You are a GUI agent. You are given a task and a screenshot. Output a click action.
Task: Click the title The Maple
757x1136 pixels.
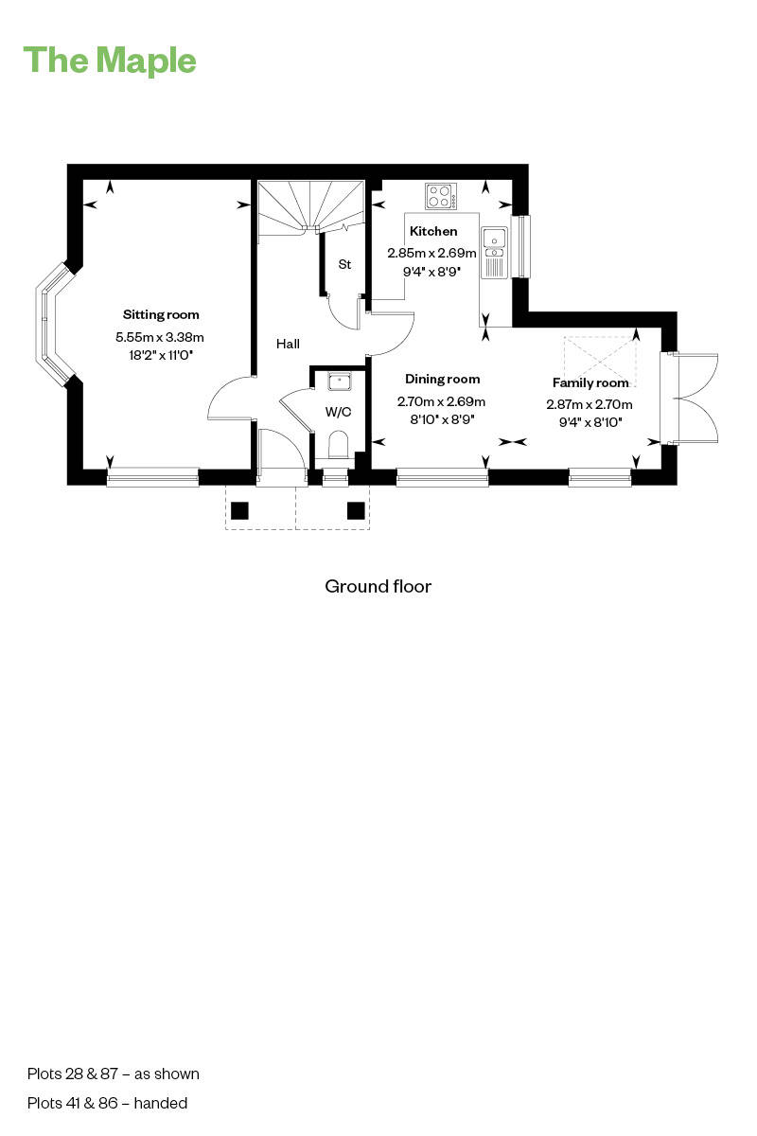[x=110, y=61]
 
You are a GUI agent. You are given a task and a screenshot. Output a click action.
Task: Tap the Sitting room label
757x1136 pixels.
[x=161, y=314]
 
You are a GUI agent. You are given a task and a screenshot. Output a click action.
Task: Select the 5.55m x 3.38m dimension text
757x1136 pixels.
[x=160, y=337]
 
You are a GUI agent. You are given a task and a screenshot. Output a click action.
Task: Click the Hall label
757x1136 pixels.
[x=288, y=344]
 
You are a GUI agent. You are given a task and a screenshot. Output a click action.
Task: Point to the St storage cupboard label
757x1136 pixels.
[x=344, y=265]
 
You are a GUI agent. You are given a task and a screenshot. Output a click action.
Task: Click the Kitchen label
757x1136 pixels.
[x=432, y=231]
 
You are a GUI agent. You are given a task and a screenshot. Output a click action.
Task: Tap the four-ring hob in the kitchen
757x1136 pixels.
[x=439, y=196]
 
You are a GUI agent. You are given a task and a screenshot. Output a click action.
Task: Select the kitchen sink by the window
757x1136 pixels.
[x=494, y=251]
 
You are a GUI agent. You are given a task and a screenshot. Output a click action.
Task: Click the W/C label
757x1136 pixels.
[x=337, y=412]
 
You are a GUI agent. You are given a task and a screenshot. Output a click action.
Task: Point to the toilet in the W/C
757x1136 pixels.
[x=338, y=444]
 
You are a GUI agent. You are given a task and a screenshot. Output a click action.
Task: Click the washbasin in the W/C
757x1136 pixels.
[x=339, y=382]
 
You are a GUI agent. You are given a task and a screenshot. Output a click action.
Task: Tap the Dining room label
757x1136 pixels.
[x=436, y=379]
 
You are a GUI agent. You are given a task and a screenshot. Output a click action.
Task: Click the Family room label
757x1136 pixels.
[x=590, y=383]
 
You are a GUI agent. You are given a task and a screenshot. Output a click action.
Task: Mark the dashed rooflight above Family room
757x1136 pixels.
[x=595, y=356]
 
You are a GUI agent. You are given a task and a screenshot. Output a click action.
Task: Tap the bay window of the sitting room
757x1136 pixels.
[x=49, y=324]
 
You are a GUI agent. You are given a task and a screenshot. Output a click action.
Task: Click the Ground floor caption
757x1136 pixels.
[x=378, y=586]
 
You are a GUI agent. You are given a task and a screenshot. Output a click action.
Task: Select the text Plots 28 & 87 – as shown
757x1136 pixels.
[x=114, y=1074]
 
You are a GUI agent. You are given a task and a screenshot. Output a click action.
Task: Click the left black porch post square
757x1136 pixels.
[x=239, y=511]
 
